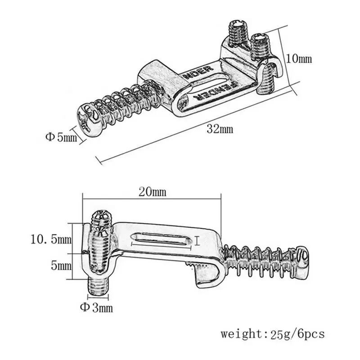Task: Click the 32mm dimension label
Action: pos(220,129)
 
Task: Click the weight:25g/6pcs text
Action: pos(272,334)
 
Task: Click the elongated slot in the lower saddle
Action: pos(159,239)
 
